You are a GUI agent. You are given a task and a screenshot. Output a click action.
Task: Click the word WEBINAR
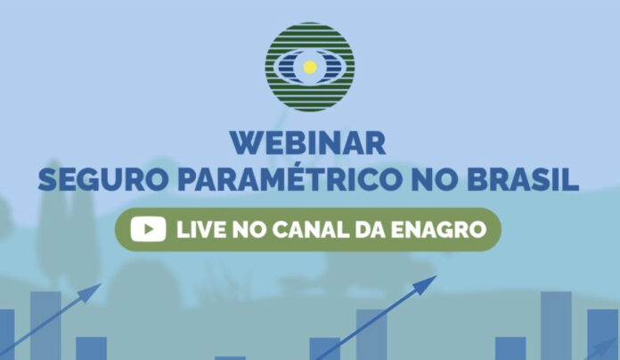coord(308,143)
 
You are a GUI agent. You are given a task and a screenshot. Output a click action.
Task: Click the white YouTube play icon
coord(148,229)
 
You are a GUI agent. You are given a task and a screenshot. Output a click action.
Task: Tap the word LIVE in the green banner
coord(201,229)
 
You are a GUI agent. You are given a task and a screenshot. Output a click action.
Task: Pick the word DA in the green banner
coord(370,229)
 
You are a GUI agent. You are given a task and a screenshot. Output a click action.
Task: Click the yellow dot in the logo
coord(310,67)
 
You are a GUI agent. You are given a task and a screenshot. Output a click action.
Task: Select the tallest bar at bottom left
coord(45,325)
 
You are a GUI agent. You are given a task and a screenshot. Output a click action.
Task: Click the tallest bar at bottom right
coord(556,325)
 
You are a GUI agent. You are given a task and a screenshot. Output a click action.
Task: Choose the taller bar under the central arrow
coord(371,335)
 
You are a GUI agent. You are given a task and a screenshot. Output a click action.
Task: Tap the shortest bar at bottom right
coord(510,348)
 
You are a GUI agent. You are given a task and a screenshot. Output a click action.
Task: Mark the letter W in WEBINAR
coord(246,143)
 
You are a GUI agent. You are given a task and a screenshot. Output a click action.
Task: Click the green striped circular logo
coord(310,67)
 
